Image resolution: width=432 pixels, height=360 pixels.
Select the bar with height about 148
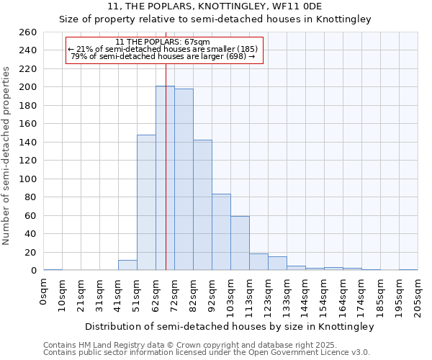point(146,202)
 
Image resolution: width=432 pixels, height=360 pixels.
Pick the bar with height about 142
point(202,205)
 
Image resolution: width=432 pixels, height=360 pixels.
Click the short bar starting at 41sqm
point(127,265)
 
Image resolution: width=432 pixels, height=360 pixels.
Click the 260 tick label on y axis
point(27,32)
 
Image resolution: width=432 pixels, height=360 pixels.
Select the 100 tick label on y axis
point(27,179)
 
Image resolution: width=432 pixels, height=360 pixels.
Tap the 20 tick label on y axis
point(30,252)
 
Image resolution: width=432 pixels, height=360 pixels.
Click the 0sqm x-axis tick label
point(44,292)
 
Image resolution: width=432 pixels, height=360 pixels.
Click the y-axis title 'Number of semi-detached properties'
point(7,156)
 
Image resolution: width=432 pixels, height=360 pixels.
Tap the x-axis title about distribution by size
point(230,327)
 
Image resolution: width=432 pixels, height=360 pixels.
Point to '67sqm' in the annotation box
point(196,42)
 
